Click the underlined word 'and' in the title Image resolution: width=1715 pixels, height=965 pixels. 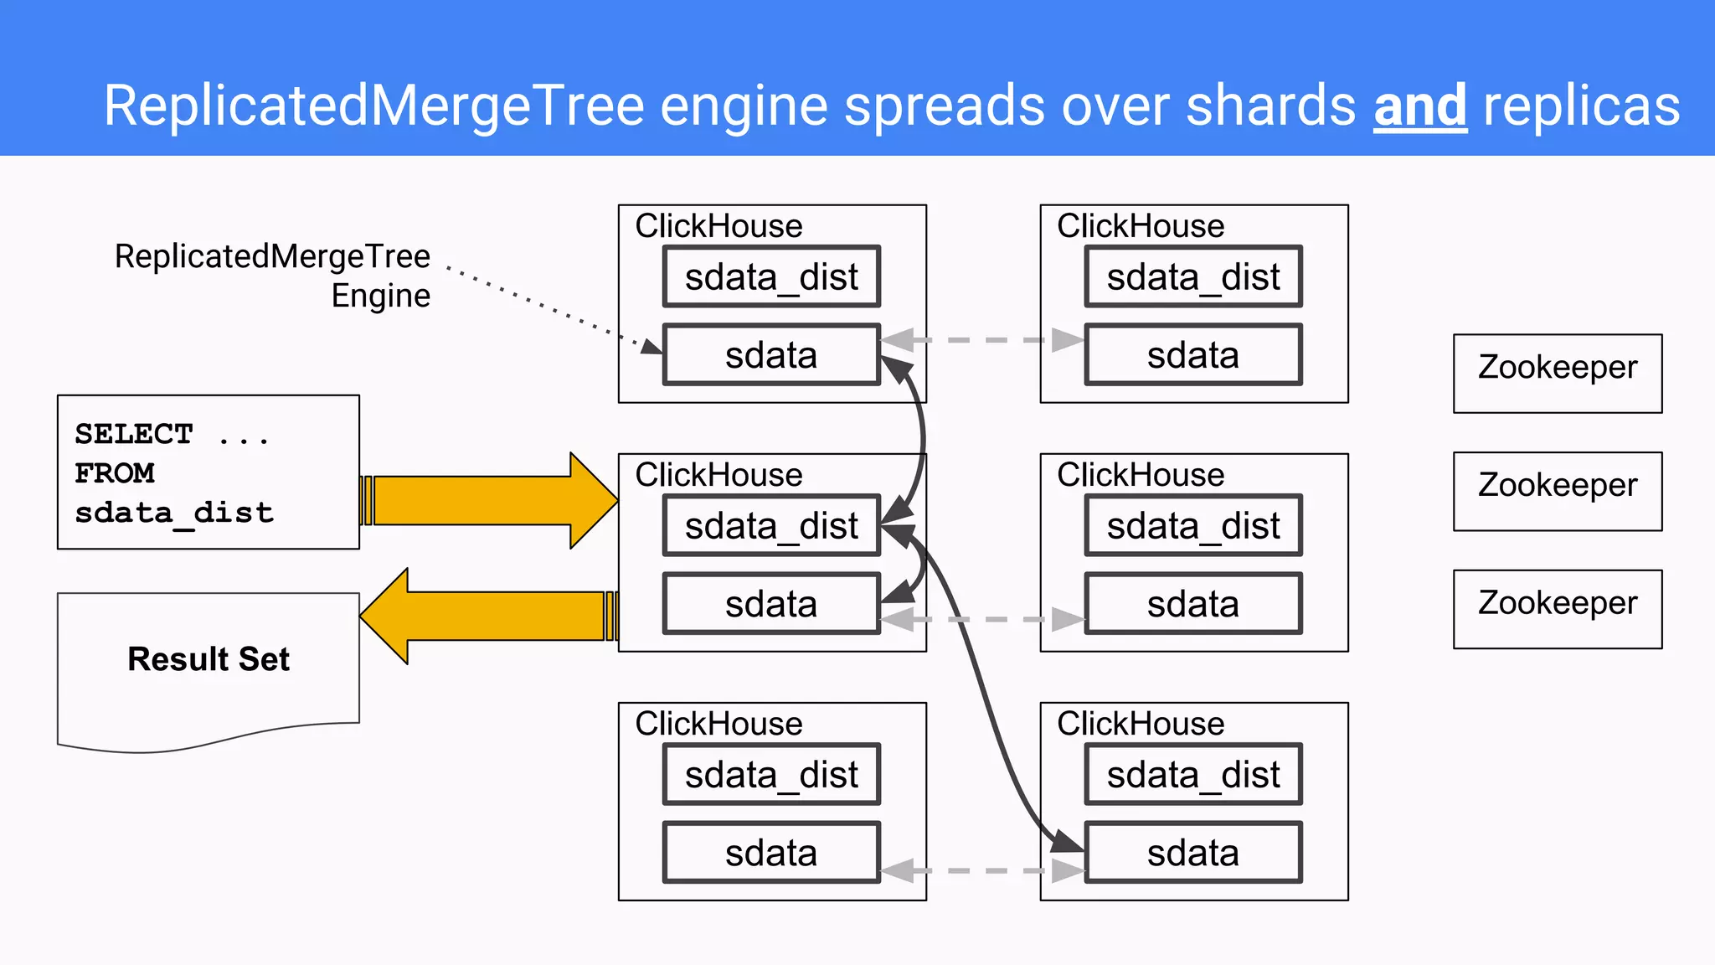(x=1419, y=106)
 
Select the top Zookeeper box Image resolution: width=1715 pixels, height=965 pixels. (x=1557, y=374)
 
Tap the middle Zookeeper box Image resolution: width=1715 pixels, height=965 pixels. (x=1557, y=491)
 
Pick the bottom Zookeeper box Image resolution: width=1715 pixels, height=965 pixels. (x=1557, y=609)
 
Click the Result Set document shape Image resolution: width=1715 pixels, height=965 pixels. (x=208, y=662)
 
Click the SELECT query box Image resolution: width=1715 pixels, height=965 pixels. (x=208, y=472)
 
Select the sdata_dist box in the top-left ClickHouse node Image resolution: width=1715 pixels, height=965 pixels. (x=771, y=276)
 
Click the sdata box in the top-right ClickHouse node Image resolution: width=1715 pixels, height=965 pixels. (x=1192, y=355)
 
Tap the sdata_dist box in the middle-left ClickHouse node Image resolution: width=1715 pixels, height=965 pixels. (x=771, y=526)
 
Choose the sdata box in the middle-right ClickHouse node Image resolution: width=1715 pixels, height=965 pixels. (x=1192, y=604)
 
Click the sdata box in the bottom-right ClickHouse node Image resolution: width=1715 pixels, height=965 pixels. (x=1192, y=853)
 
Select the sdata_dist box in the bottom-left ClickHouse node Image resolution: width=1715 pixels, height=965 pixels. (x=771, y=775)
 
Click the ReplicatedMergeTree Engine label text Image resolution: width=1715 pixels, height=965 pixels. (x=273, y=275)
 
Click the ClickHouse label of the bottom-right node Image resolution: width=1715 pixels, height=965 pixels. (x=1140, y=724)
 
